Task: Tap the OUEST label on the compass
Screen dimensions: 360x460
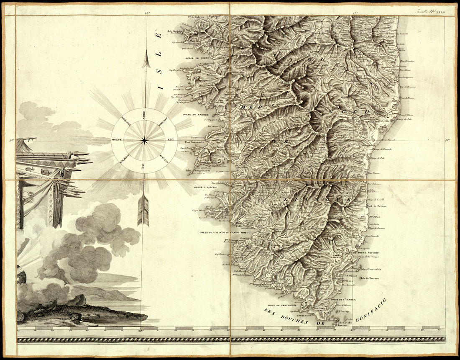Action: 117,140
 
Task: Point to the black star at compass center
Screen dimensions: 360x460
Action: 144,140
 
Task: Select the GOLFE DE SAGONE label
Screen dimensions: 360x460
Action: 192,114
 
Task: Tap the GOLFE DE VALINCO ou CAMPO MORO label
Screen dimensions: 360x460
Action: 219,232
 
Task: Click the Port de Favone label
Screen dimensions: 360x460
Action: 376,206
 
